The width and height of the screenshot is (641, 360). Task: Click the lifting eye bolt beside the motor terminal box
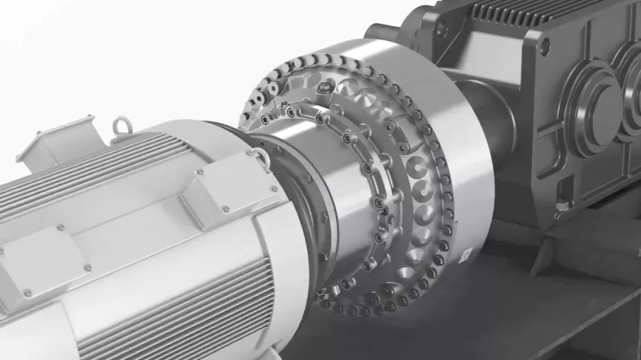[120, 125]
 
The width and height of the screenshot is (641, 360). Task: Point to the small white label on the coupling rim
[464, 250]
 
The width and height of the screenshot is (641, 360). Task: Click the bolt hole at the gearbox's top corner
[544, 44]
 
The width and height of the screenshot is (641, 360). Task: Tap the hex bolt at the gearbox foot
[562, 206]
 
